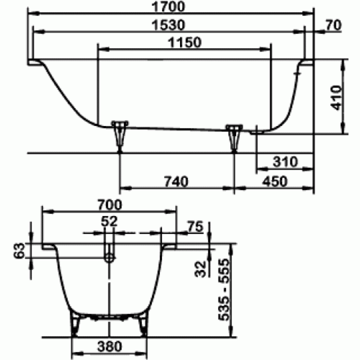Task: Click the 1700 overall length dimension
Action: [x=168, y=7]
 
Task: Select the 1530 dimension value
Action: [x=168, y=25]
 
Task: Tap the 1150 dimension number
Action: [x=185, y=42]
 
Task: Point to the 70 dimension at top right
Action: [x=333, y=25]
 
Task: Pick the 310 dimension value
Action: [x=285, y=162]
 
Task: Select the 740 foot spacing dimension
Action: [x=176, y=182]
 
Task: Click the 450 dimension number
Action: [x=275, y=182]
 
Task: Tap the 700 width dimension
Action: [x=110, y=205]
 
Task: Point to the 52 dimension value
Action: [x=109, y=221]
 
